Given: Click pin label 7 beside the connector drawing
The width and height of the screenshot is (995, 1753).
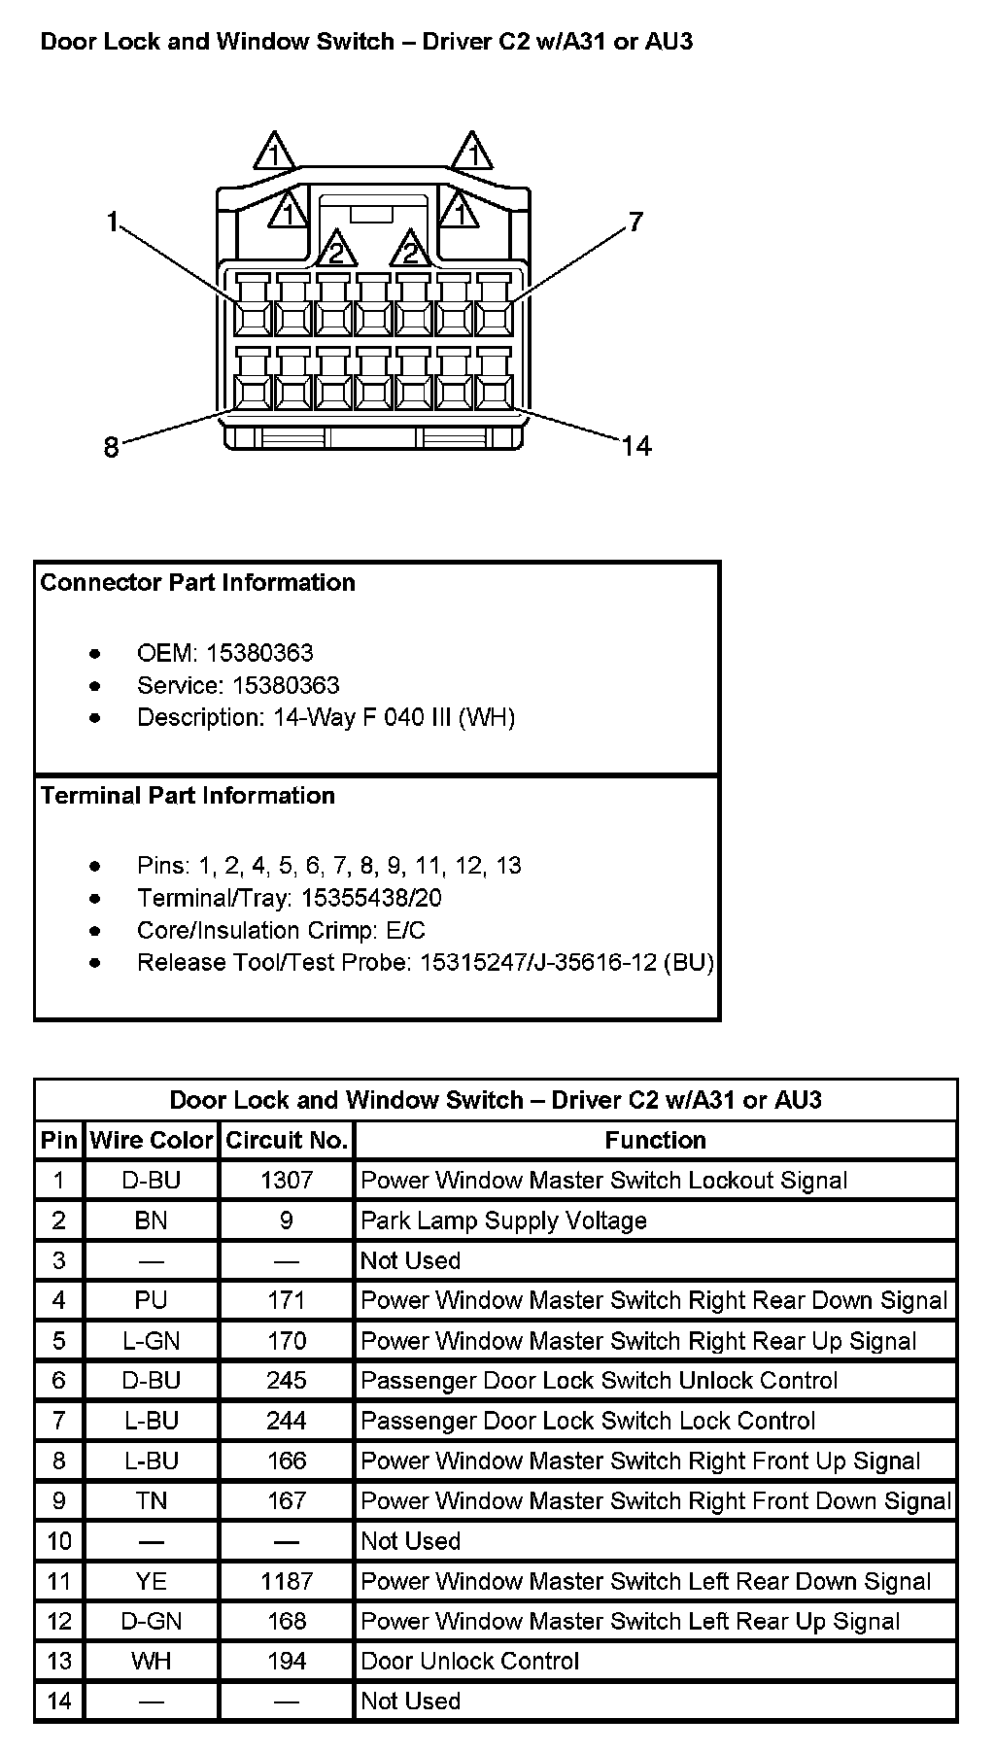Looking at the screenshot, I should click(635, 223).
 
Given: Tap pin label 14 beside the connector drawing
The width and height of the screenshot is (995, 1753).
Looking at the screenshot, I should click(636, 446).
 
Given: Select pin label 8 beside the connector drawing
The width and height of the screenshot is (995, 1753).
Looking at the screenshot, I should click(111, 447).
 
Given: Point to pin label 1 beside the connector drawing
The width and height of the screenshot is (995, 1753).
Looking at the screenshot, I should click(113, 223).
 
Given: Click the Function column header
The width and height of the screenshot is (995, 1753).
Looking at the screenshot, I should click(655, 1140).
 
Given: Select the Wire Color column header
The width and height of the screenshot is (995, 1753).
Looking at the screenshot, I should click(151, 1140).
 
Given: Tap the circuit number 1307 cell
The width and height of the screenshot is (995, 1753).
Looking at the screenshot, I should click(287, 1180).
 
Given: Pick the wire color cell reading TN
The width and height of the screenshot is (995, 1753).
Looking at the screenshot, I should click(151, 1500).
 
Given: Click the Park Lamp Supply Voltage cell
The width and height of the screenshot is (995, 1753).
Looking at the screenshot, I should click(503, 1220).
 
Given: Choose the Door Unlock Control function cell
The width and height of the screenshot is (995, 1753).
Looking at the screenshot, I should click(469, 1661).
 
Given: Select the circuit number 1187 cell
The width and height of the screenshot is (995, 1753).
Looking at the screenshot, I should click(287, 1581).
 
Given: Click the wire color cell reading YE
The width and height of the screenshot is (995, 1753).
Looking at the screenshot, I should click(151, 1581).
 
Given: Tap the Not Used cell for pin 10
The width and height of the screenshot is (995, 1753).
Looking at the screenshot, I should click(410, 1541).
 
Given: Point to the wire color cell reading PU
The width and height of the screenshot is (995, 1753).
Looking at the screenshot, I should click(151, 1300).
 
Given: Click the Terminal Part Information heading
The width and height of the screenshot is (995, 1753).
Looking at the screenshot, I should click(188, 796).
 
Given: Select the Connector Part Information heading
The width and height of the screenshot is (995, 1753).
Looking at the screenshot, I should click(197, 583).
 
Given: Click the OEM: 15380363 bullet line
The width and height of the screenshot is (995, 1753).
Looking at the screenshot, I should click(224, 653).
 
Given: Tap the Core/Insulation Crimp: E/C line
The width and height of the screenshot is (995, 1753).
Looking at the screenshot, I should click(281, 930).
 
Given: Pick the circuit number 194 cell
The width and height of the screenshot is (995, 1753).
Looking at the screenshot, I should click(287, 1661).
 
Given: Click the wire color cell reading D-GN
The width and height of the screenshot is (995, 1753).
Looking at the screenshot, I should click(151, 1621).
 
